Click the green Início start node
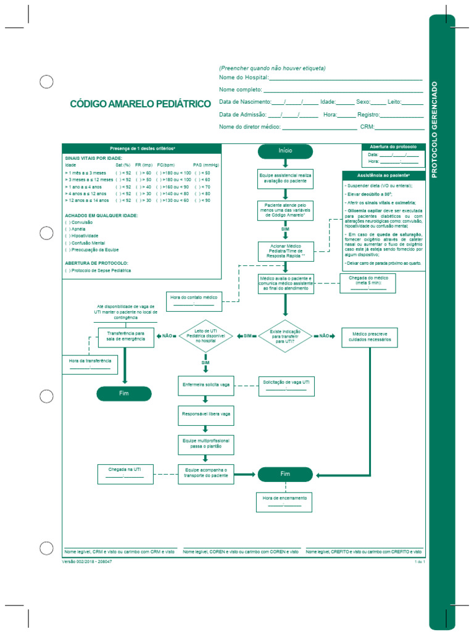pos(285,151)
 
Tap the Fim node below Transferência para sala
pos(124,394)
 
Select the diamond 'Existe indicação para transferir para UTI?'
pos(285,336)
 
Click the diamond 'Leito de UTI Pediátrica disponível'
pos(206,336)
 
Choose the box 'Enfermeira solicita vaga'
pos(206,384)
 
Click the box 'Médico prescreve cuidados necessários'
pos(370,336)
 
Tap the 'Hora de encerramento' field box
pos(285,501)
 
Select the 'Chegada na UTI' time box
pos(125,474)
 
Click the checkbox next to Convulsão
pos(67,222)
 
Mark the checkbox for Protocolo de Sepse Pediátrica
pos(67,270)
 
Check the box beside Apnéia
pos(67,229)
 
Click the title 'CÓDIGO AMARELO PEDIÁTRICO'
pos(140,104)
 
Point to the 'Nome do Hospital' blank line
pos(346,78)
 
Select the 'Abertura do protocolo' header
pos(393,147)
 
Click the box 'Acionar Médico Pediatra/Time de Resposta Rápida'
pos(285,251)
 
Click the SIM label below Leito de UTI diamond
pos(206,363)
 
